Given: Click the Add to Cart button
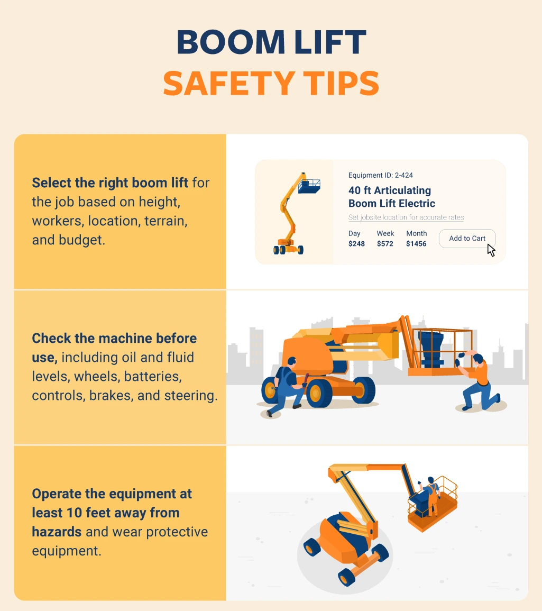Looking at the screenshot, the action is click(467, 239).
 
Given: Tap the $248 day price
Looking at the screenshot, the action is click(356, 244).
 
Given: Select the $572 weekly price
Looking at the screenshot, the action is click(385, 244).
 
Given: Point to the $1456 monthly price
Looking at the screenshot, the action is click(416, 244).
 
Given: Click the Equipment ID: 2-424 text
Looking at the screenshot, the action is click(380, 175).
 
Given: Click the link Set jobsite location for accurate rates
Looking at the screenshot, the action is click(406, 217).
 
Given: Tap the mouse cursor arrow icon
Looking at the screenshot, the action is click(491, 250).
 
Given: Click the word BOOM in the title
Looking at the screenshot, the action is click(231, 42).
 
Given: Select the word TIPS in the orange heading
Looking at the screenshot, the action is click(341, 83).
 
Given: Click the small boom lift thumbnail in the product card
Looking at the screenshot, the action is click(295, 214).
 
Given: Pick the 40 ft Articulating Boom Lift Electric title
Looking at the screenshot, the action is click(391, 197).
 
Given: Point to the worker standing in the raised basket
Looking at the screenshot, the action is click(430, 495).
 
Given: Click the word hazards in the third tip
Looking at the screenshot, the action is click(57, 532).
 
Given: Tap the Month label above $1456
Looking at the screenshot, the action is click(417, 233).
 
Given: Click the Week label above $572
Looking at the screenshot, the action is click(385, 233).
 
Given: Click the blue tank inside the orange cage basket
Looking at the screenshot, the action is click(431, 349).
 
